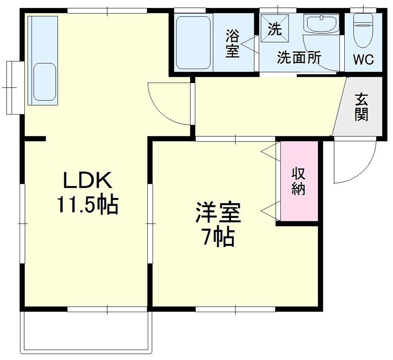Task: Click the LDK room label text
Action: (87, 180)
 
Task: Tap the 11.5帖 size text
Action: (88, 205)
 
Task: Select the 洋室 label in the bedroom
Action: (218, 212)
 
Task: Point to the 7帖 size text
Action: (218, 237)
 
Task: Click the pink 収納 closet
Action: (299, 181)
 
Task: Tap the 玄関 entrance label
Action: (361, 107)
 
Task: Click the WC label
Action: (363, 60)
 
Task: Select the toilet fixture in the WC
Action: (364, 30)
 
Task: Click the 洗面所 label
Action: (299, 58)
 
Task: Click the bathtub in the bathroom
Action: (193, 43)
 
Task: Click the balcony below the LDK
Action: (86, 333)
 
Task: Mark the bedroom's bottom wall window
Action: (235, 309)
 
